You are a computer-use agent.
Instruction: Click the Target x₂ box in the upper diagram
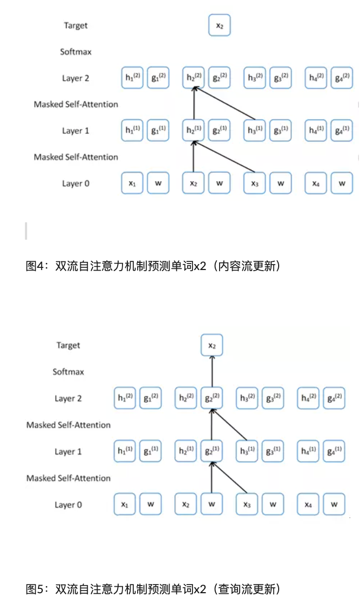(219, 25)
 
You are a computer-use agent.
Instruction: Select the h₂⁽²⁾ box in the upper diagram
(194, 78)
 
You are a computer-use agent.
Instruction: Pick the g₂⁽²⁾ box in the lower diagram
(211, 399)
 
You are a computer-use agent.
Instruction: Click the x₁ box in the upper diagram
(132, 183)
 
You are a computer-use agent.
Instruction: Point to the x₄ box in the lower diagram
(308, 505)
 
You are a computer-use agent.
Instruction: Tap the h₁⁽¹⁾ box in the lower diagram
(125, 452)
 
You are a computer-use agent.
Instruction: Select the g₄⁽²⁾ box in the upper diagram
(342, 78)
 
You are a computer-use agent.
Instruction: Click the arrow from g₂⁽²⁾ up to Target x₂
(211, 372)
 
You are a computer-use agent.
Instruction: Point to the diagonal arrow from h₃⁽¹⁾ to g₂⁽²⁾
(230, 426)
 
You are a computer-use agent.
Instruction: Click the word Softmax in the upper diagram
(75, 52)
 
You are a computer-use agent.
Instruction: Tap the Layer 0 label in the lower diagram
(68, 505)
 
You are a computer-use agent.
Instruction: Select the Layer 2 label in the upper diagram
(75, 78)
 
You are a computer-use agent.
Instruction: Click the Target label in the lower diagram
(68, 345)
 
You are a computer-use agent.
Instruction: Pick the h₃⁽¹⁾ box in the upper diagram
(255, 131)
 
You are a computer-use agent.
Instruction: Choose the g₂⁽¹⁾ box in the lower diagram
(211, 452)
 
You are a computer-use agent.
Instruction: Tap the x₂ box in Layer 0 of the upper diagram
(194, 183)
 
